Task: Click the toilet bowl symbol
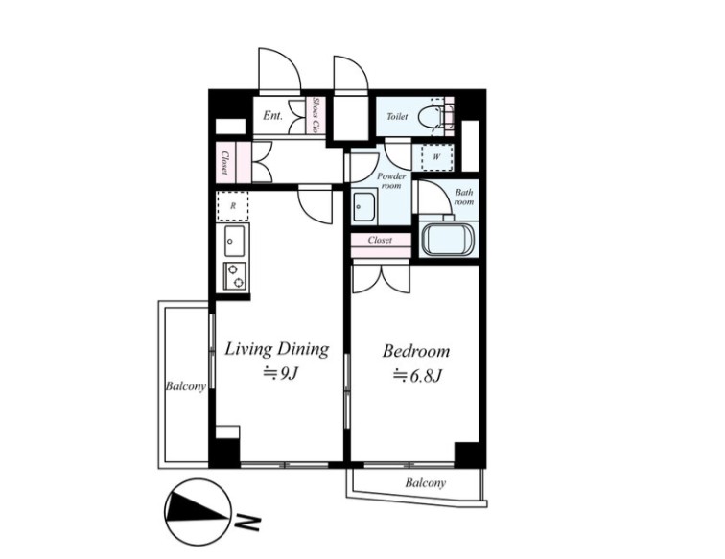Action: (x=431, y=117)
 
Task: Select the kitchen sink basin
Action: (x=234, y=241)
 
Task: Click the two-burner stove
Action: (x=234, y=275)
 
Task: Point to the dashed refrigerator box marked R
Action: (x=233, y=206)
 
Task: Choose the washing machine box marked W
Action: (x=437, y=157)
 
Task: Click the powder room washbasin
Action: (x=364, y=208)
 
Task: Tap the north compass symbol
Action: (x=198, y=512)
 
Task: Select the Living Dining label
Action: (x=277, y=350)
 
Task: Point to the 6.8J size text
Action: (x=417, y=375)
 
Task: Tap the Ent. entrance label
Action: (x=272, y=115)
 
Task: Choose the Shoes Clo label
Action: (x=316, y=115)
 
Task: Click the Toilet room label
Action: (x=397, y=116)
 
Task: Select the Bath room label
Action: (x=464, y=197)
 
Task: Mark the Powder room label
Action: (x=391, y=181)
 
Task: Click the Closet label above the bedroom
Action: (x=380, y=240)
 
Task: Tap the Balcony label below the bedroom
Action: (x=426, y=483)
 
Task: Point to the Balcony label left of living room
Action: (x=185, y=386)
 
